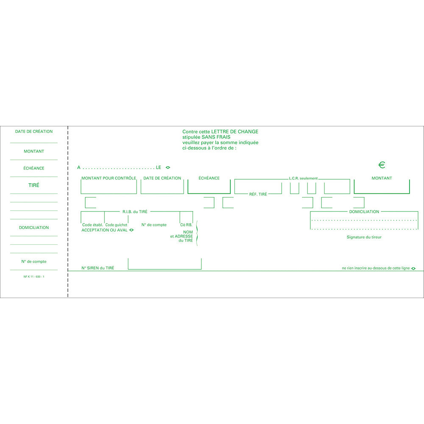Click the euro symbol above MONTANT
pyautogui.click(x=382, y=165)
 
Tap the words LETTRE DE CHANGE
pyautogui.click(x=235, y=132)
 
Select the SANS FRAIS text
pyautogui.click(x=216, y=137)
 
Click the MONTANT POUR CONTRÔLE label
pyautogui.click(x=109, y=178)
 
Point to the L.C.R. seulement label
pyautogui.click(x=303, y=179)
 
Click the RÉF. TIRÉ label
pyautogui.click(x=258, y=194)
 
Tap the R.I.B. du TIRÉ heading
pyautogui.click(x=135, y=212)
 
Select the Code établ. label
pyautogui.click(x=92, y=225)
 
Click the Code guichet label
pyautogui.click(x=116, y=225)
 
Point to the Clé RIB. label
pyautogui.click(x=186, y=225)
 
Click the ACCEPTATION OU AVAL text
pyautogui.click(x=104, y=230)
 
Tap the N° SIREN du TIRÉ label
pyautogui.click(x=98, y=268)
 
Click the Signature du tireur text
pyautogui.click(x=364, y=237)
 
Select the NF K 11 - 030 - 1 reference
pyautogui.click(x=34, y=276)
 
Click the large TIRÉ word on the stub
pyautogui.click(x=34, y=185)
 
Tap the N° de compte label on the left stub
pyautogui.click(x=34, y=262)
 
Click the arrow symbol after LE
pyautogui.click(x=167, y=167)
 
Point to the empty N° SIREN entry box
pyautogui.click(x=165, y=269)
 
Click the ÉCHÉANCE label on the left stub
pyautogui.click(x=34, y=168)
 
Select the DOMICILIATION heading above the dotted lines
pyautogui.click(x=364, y=212)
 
